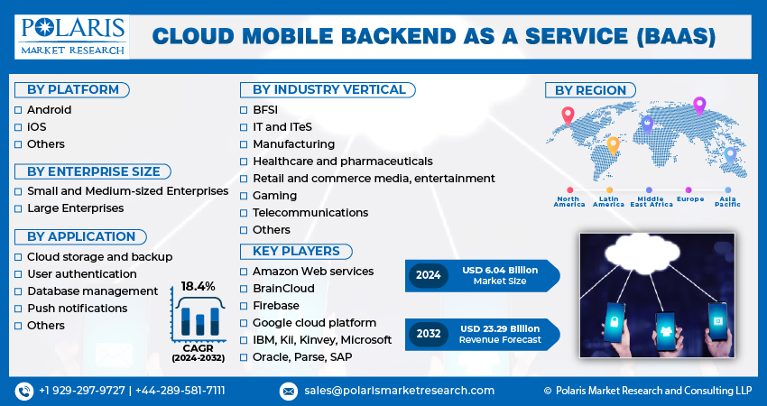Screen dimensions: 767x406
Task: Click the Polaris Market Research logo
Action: coord(72,37)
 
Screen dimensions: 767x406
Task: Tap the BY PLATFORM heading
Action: coord(72,90)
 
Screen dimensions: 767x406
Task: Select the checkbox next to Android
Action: coord(18,110)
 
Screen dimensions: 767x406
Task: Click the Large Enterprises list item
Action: coord(75,208)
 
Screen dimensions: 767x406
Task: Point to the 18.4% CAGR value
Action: coord(199,287)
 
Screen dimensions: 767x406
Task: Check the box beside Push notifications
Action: coord(18,309)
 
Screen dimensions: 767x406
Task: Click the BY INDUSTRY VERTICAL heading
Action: coord(328,90)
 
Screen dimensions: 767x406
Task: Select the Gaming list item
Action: coord(274,196)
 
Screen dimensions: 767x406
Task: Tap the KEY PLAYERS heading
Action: coord(296,252)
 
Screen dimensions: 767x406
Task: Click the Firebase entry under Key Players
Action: coord(276,306)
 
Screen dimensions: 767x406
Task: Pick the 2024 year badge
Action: coord(429,275)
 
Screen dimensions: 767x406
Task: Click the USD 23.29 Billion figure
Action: coord(500,328)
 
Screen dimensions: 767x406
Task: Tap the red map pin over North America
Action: coord(568,116)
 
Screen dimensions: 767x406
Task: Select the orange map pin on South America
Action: coord(613,146)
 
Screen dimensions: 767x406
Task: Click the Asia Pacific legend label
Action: coord(727,201)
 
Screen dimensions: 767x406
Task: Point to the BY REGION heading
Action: coord(590,90)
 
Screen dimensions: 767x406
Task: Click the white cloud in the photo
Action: coord(642,254)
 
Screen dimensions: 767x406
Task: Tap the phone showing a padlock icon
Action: coord(614,322)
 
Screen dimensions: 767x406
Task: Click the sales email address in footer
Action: coord(399,391)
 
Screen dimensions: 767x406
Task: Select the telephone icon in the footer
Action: coord(24,391)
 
